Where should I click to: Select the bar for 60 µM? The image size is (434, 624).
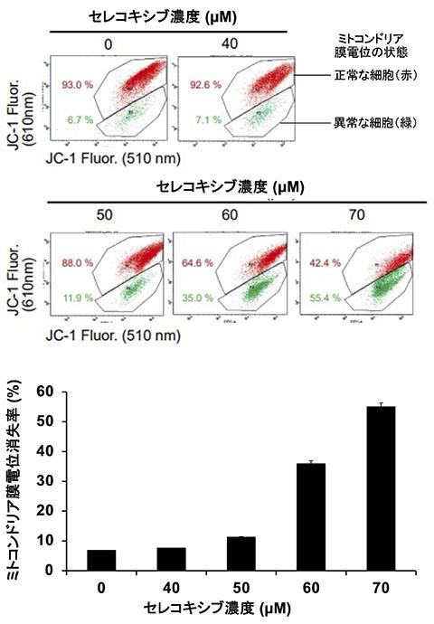click(312, 516)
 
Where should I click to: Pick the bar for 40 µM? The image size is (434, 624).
click(172, 559)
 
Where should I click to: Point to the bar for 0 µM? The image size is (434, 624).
click(101, 560)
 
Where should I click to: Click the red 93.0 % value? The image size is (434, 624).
click(79, 85)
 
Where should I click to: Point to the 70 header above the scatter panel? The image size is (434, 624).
click(342, 215)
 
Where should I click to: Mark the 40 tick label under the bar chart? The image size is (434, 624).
click(172, 586)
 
